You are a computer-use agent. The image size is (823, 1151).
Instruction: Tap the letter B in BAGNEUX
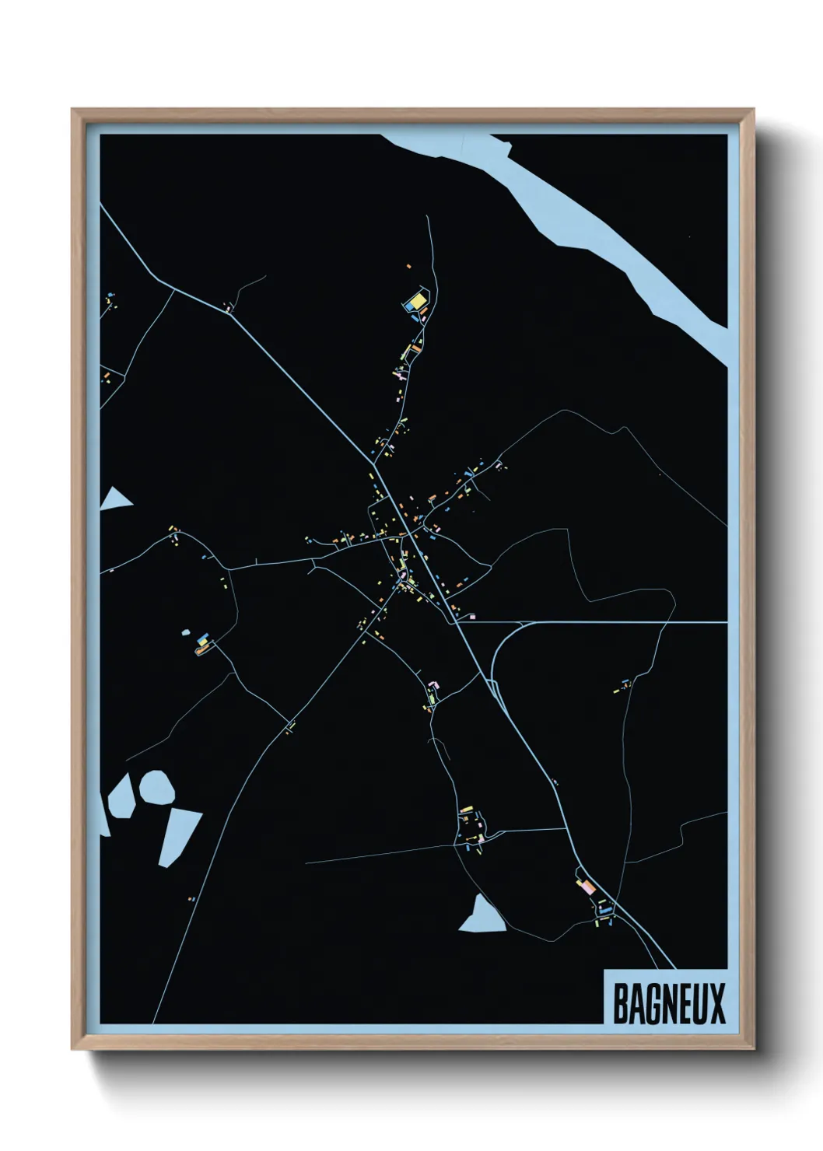click(x=622, y=1004)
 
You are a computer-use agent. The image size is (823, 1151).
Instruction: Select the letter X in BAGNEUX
click(x=717, y=1004)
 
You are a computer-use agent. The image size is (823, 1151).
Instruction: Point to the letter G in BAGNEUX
click(x=652, y=1004)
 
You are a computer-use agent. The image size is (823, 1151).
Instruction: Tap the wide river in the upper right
click(x=591, y=226)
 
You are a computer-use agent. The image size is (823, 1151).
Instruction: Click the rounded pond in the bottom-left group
click(x=156, y=787)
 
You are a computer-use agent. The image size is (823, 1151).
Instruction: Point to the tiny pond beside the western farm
click(x=186, y=633)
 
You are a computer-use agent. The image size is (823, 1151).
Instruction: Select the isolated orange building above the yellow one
click(x=408, y=266)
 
